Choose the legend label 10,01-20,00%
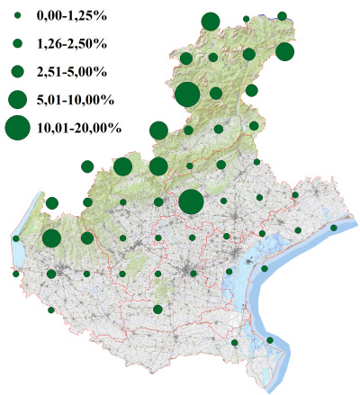click(x=79, y=129)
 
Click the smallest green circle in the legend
click(x=17, y=17)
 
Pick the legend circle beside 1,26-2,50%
click(x=17, y=43)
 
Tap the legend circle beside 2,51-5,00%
click(x=17, y=70)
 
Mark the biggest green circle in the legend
click(x=17, y=129)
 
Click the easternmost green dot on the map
click(x=333, y=229)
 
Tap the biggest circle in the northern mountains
click(x=187, y=94)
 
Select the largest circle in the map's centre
click(x=191, y=202)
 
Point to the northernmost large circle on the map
click(x=211, y=22)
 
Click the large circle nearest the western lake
click(x=51, y=238)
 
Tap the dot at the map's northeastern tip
click(x=282, y=16)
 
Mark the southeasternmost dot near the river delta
click(x=270, y=340)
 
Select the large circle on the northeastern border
click(x=284, y=51)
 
